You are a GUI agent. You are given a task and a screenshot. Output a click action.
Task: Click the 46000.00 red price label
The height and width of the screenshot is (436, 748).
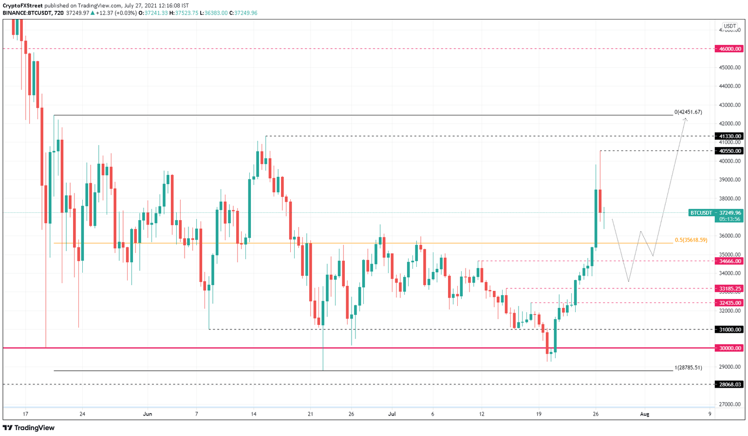point(729,49)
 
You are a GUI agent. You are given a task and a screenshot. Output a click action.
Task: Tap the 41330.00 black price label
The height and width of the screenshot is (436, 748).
point(729,136)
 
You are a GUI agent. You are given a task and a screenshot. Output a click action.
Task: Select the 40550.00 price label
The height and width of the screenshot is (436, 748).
point(729,151)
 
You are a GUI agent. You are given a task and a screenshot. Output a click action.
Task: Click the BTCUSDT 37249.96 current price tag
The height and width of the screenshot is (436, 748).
point(715,213)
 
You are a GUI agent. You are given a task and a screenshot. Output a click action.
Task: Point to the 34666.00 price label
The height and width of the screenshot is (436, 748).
point(729,261)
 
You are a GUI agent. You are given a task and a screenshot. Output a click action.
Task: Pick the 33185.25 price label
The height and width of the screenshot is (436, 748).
point(729,288)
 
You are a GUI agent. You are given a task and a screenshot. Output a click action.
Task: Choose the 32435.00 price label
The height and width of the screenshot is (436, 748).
point(729,303)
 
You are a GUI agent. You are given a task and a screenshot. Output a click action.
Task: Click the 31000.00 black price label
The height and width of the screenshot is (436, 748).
point(729,329)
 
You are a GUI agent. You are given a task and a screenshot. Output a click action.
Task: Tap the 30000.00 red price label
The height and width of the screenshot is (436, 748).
point(729,348)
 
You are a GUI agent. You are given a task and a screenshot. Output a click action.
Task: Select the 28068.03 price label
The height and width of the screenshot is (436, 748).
point(729,384)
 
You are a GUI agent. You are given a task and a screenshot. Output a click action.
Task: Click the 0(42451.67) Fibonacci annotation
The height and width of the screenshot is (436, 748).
point(688,112)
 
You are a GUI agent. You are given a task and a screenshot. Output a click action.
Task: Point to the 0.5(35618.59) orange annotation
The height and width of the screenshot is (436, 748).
point(691,240)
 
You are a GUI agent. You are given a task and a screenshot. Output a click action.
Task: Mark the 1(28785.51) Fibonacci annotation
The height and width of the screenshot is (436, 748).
point(688,367)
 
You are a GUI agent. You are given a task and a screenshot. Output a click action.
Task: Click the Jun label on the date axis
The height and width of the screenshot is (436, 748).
point(148,414)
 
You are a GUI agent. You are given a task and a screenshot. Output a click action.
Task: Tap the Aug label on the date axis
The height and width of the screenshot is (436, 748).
point(644,414)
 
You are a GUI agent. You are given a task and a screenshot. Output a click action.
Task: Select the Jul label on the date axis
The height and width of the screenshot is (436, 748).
point(392,414)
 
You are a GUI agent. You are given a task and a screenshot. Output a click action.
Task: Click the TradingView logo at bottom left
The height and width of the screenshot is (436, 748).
point(29,428)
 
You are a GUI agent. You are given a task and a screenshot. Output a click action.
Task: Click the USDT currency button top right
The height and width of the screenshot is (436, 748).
point(729,26)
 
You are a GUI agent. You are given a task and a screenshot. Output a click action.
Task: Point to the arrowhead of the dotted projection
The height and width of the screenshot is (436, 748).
point(685,119)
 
